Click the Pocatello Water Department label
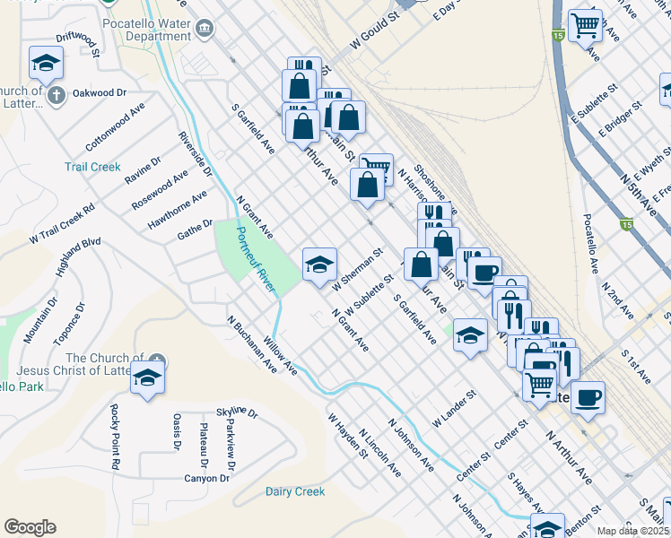[146, 29]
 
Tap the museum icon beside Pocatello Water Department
[205, 29]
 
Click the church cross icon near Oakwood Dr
[56, 94]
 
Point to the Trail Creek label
[92, 167]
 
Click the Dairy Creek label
[295, 491]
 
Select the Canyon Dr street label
[208, 478]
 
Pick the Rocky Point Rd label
[115, 438]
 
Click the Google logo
[30, 526]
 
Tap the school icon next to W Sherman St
[319, 265]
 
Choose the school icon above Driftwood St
[47, 64]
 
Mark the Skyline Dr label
[239, 414]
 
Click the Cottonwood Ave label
[115, 126]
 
